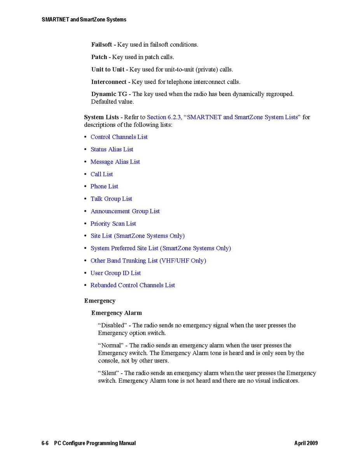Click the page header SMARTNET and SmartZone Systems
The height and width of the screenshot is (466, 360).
84,19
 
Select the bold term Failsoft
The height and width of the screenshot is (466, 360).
101,45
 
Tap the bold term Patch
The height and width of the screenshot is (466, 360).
99,57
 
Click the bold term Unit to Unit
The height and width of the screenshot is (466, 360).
108,70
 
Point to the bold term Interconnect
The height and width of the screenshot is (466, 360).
109,82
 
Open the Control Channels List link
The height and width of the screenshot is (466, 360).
119,137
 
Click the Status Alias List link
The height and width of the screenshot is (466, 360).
112,149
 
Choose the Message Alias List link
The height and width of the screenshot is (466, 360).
115,162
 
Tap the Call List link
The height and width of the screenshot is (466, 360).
102,174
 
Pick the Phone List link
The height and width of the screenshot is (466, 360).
104,186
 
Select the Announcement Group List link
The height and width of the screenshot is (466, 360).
125,211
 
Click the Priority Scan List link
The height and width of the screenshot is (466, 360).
113,224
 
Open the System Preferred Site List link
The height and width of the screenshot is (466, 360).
161,248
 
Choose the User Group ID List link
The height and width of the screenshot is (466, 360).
115,273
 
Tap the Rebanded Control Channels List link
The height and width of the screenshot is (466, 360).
133,285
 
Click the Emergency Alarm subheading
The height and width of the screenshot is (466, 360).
117,313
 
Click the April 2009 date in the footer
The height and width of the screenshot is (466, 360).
306,443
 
